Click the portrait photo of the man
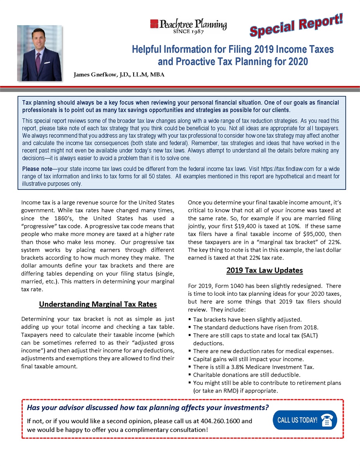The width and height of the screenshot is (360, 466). click(x=39, y=53)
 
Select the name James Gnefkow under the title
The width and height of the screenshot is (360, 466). click(x=94, y=75)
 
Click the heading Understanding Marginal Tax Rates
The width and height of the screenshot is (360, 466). click(x=97, y=304)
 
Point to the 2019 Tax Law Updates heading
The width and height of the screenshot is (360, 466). click(x=264, y=270)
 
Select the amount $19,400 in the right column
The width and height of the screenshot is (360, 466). click(x=247, y=226)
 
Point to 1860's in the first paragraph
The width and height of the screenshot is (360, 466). click(x=75, y=218)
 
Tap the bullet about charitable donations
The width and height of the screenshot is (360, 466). click(x=247, y=375)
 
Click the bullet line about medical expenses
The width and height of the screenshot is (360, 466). click(x=263, y=351)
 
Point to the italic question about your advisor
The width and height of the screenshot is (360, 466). click(x=148, y=408)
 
